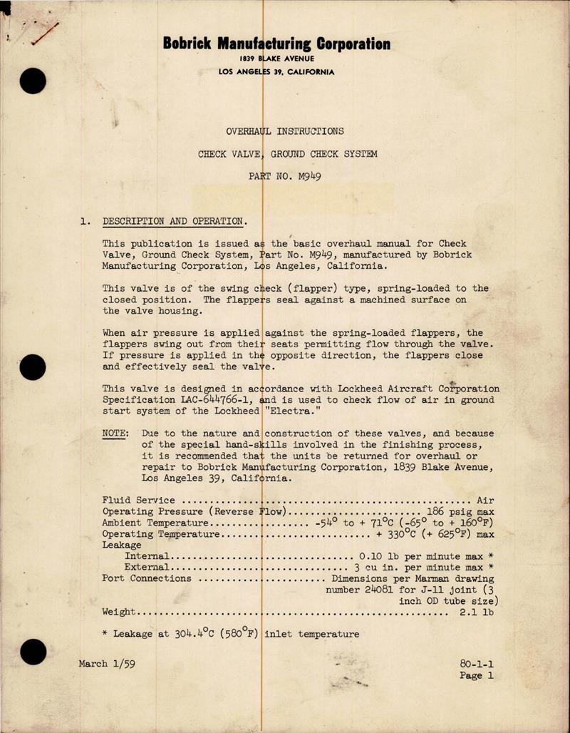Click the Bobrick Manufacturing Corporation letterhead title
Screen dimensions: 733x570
tap(276, 43)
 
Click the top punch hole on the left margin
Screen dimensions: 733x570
tap(33, 81)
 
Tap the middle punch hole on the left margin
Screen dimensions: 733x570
tap(33, 367)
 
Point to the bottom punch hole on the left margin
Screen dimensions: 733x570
tap(33, 652)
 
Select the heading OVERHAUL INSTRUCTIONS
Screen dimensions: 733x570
tap(284, 131)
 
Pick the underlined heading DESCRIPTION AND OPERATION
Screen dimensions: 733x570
tap(175, 221)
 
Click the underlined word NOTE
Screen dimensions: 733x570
tap(115, 434)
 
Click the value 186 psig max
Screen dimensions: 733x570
tap(460, 512)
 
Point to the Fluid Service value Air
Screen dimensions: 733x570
tap(485, 501)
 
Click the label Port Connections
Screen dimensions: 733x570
tap(147, 578)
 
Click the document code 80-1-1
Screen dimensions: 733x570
tap(477, 663)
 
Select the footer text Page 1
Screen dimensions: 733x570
tap(477, 675)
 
